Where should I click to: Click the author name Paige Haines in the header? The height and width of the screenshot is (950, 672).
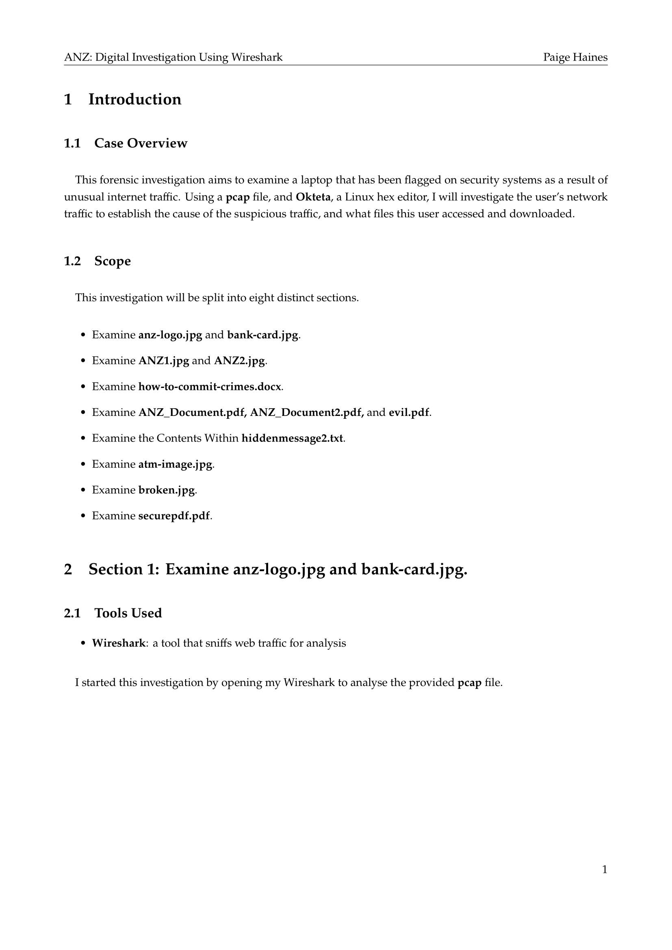coord(575,57)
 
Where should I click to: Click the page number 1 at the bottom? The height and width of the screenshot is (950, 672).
coord(605,870)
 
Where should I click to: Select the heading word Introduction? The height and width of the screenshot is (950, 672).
coord(135,100)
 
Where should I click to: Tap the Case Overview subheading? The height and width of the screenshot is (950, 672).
coord(141,143)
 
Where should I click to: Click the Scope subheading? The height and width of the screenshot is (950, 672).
coord(113,261)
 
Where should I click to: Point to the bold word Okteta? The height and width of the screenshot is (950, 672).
coord(313,197)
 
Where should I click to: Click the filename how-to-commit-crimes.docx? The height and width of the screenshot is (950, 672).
coord(210,386)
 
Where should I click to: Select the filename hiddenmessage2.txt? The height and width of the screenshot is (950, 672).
coord(292,438)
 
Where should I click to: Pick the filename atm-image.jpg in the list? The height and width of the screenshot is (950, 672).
coord(175,464)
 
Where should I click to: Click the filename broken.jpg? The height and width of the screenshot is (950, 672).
coord(166,490)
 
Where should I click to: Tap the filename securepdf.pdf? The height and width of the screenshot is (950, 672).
coord(174,516)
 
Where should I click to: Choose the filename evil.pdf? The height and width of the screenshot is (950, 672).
coord(409,413)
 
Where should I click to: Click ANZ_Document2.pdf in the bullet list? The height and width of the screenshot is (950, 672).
coord(307,413)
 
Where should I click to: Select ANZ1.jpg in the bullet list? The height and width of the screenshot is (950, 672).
coord(163,361)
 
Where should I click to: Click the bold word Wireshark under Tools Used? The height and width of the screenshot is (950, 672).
coord(119,643)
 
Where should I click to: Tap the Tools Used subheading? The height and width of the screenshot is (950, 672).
coord(128,613)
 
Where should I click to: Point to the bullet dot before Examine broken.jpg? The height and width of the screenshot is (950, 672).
coord(83,490)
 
